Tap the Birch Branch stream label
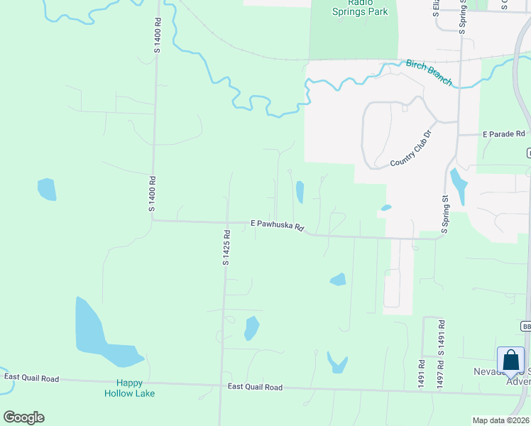(x=429, y=72)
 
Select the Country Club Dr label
(x=411, y=149)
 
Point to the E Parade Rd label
(x=503, y=133)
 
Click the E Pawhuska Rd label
(x=278, y=225)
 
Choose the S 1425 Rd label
(x=226, y=248)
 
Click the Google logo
(x=23, y=417)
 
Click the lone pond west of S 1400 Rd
(x=47, y=189)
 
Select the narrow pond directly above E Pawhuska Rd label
(x=300, y=192)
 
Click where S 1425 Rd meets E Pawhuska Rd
(x=226, y=222)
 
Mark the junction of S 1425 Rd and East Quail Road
(x=221, y=385)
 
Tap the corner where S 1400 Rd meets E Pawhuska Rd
(x=152, y=220)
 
